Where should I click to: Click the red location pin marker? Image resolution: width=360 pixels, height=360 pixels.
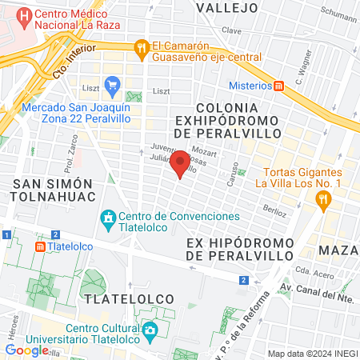coord(181,162)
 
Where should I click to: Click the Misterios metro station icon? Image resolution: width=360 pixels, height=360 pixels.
coord(278,86)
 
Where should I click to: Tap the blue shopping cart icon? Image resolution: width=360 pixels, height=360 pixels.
coord(112,83)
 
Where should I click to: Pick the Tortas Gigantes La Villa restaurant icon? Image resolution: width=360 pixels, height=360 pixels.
coord(324,202)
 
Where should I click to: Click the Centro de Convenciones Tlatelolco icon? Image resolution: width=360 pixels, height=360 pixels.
coord(108,217)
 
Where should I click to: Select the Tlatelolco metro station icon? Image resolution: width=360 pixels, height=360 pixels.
coord(39,247)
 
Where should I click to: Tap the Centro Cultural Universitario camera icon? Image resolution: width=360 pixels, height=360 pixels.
coord(150,330)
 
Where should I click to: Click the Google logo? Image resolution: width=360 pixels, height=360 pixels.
coord(26,350)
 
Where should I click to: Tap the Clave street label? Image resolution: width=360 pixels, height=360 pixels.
coord(232,30)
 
